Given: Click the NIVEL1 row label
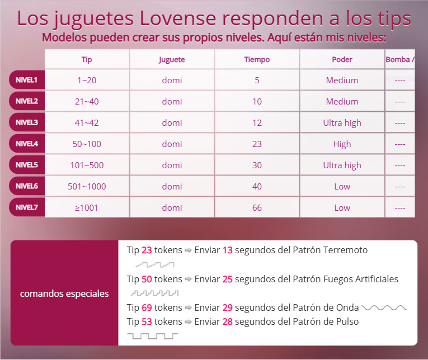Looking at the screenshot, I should pyautogui.click(x=27, y=80).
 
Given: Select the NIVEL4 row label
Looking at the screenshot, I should pyautogui.click(x=27, y=144).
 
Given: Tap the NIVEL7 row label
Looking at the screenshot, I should pyautogui.click(x=27, y=207).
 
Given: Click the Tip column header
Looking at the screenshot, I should pyautogui.click(x=87, y=59).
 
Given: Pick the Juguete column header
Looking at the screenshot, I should pyautogui.click(x=172, y=59).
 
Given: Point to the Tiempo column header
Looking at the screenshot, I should pyautogui.click(x=257, y=59).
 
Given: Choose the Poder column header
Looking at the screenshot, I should pyautogui.click(x=342, y=59).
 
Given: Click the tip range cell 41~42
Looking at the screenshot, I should pyautogui.click(x=87, y=122).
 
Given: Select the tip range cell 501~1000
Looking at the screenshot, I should pyautogui.click(x=87, y=186).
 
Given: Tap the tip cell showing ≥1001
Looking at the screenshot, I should pyautogui.click(x=87, y=207).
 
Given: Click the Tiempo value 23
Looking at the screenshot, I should pyautogui.click(x=257, y=144).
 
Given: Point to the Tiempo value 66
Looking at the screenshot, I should pyautogui.click(x=257, y=207).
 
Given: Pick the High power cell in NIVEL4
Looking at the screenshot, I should pyautogui.click(x=342, y=144).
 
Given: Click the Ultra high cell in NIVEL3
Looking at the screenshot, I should pyautogui.click(x=342, y=122).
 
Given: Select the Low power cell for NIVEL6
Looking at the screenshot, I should pyautogui.click(x=342, y=186).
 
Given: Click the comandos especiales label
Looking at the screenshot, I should pyautogui.click(x=64, y=293).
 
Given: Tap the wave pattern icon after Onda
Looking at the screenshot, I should pyautogui.click(x=384, y=307).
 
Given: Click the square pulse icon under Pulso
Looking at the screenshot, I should pyautogui.click(x=152, y=335).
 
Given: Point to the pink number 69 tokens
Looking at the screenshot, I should pyautogui.click(x=147, y=307).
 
